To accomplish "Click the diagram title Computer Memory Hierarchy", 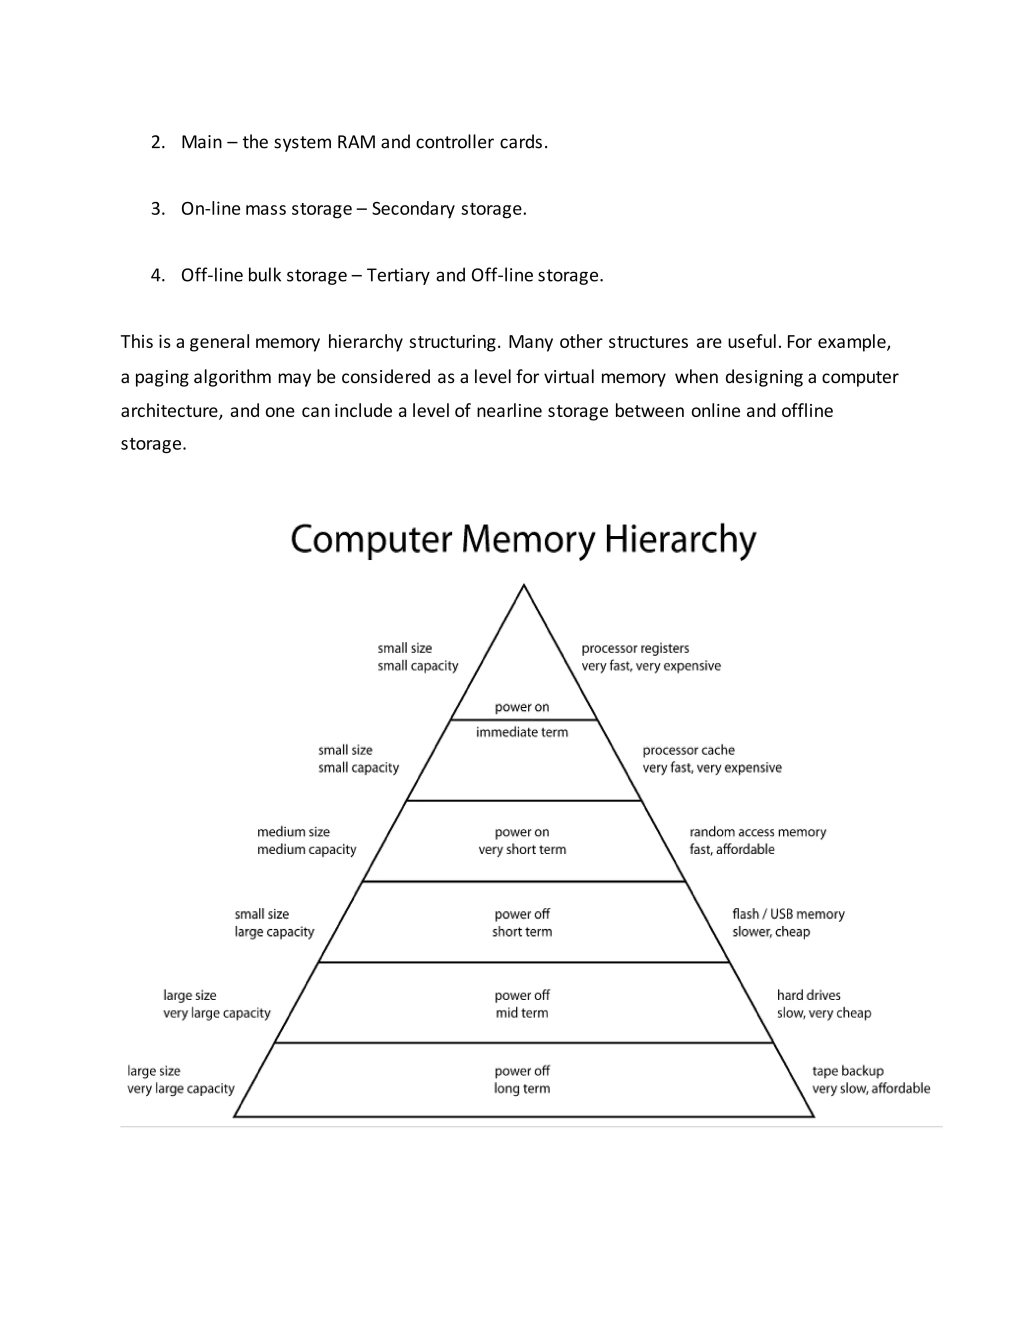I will (523, 539).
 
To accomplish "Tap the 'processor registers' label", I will (634, 648).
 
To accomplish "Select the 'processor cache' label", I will (688, 750).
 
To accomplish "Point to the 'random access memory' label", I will (757, 832).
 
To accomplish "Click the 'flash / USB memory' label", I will (788, 913).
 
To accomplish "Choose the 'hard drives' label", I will (808, 995).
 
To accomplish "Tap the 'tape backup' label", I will (847, 1071).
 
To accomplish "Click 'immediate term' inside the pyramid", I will (521, 732).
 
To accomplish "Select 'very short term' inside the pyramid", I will (521, 849).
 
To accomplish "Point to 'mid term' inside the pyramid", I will (521, 1012).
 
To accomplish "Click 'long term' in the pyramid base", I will (521, 1088).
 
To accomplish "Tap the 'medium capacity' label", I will (306, 849).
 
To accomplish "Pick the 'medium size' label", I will (293, 832).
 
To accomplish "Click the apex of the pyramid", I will (523, 586).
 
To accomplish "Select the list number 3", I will (157, 208).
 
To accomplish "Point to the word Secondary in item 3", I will (412, 208).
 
